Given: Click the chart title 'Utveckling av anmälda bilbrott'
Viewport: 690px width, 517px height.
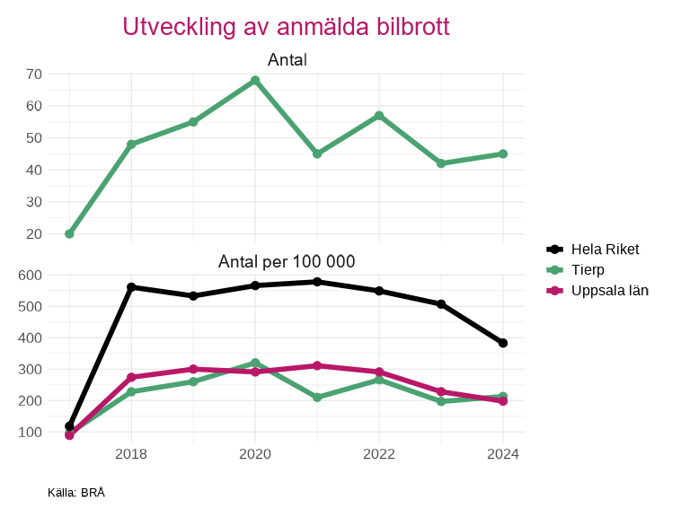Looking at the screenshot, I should (286, 27).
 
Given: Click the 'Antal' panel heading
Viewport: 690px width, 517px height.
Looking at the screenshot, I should (287, 60).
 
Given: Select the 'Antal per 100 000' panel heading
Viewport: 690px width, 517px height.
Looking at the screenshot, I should (287, 262).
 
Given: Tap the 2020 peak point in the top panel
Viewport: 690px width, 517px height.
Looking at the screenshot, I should (255, 80).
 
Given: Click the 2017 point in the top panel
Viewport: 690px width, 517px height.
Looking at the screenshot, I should (69, 233).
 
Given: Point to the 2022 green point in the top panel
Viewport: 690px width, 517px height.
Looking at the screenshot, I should (379, 116).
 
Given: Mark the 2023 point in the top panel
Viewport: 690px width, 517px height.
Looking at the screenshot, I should (441, 163).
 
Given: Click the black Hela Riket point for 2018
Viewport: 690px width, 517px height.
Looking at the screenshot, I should (131, 287).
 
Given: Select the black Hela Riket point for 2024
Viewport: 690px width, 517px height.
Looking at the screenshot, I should (503, 343).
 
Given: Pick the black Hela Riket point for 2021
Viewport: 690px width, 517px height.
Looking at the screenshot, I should (317, 282).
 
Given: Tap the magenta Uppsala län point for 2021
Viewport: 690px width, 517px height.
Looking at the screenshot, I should (317, 365).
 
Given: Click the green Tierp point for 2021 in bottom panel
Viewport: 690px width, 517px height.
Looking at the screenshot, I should (317, 397).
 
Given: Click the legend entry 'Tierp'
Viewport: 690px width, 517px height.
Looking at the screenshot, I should (588, 269).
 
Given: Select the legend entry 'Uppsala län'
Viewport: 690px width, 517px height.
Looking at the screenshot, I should (609, 290).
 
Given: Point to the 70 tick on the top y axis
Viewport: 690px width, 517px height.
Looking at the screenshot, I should (34, 74).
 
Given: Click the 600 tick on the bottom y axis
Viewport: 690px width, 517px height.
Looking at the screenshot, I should (31, 275).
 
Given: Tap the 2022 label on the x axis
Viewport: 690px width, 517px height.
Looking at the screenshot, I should (379, 453).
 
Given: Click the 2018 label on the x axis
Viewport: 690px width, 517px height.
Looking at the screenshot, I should (131, 453).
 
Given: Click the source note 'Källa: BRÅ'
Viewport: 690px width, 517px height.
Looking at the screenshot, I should (76, 493).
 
